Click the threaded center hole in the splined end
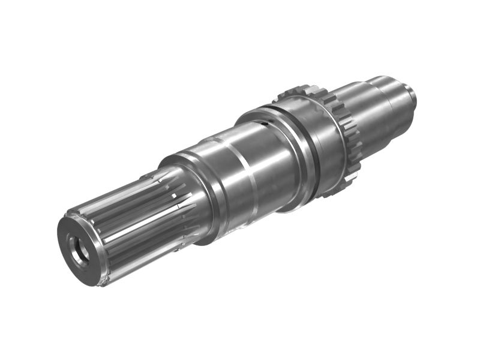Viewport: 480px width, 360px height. [x=78, y=248]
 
